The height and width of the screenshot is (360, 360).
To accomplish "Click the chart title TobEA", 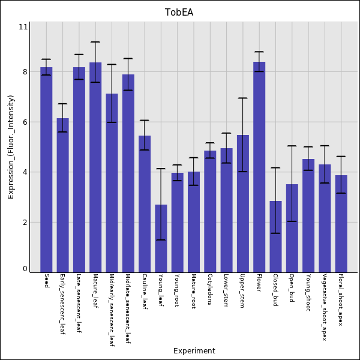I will point(179,13).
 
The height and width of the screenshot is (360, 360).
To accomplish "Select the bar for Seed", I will point(46,170).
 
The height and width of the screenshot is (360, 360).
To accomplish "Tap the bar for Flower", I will point(259,167).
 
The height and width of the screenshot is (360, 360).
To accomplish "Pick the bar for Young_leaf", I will point(161,238).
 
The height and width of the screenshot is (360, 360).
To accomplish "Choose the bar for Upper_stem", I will point(243,203).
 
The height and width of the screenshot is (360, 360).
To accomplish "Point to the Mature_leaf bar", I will point(95,167).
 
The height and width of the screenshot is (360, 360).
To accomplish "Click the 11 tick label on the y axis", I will point(23,27).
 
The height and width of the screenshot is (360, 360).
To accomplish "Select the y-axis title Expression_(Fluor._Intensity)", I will point(11,147).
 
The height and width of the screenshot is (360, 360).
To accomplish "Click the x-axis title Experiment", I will point(194,351).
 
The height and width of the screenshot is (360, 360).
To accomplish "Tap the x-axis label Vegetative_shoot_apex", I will point(325,308).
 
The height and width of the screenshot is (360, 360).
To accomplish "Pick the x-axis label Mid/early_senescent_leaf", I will point(112,311).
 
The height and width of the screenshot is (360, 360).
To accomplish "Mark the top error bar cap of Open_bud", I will point(292,146).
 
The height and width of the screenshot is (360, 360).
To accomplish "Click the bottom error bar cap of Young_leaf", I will point(161,240).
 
